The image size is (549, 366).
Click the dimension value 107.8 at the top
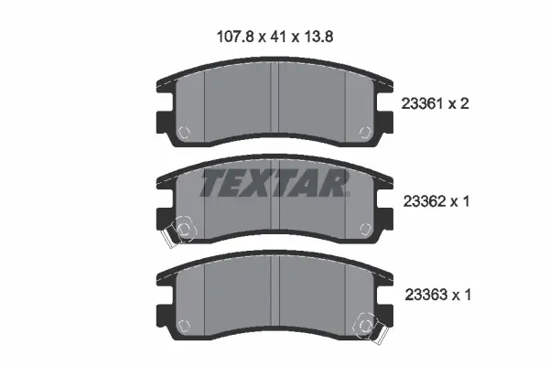point(234,37)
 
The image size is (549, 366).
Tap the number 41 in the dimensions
point(277,37)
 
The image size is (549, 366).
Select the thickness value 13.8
point(318,37)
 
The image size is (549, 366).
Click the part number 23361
point(423,103)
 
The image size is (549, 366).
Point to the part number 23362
point(425,201)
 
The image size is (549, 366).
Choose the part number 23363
point(426,295)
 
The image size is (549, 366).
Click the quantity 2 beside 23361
point(464,103)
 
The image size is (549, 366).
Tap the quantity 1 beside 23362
point(466,201)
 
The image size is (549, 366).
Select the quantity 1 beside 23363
point(467,295)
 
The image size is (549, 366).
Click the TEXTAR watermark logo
point(274,183)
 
